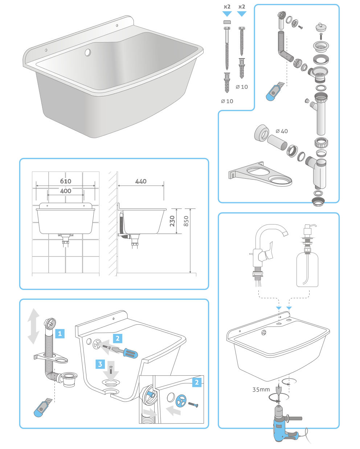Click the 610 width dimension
click(x=66, y=181)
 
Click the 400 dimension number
click(x=66, y=191)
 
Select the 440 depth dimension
click(x=141, y=181)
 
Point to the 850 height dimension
click(x=186, y=221)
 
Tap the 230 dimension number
click(x=172, y=221)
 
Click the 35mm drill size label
click(x=261, y=389)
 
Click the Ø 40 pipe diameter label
click(x=282, y=131)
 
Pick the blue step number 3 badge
click(x=100, y=364)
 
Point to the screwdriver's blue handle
click(x=131, y=353)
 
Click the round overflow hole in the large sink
click(x=88, y=52)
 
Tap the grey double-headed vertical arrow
click(x=33, y=326)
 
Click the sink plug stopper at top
click(x=321, y=27)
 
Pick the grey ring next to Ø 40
click(x=262, y=132)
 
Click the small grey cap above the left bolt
click(x=227, y=22)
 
